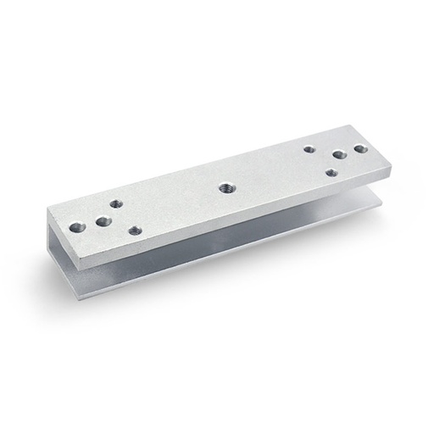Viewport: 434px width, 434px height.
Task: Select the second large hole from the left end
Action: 103,222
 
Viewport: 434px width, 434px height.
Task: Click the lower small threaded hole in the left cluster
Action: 134,229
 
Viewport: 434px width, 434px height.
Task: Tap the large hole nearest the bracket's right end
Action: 360,148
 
